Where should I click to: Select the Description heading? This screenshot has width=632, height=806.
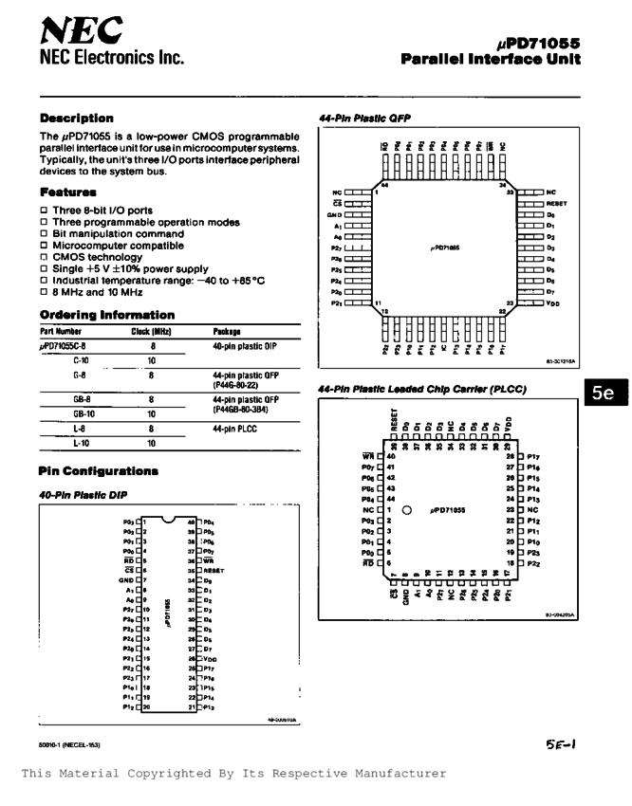point(77,119)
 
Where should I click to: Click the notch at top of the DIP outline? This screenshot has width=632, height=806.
point(168,519)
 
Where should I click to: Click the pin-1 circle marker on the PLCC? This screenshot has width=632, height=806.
point(406,509)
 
